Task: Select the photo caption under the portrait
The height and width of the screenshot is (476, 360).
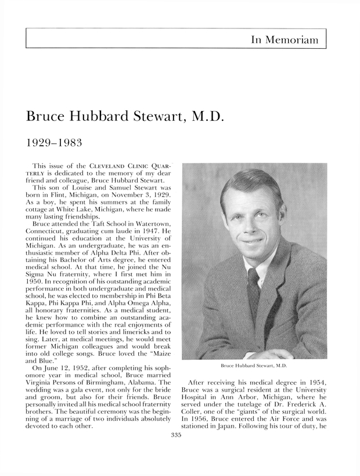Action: tap(254, 366)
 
